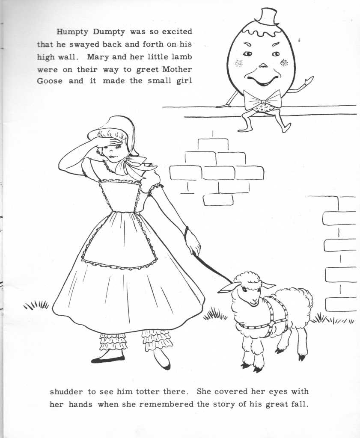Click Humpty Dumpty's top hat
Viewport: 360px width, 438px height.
point(267,17)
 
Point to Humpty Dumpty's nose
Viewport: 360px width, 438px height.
point(263,65)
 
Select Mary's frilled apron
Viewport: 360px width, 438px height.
point(119,240)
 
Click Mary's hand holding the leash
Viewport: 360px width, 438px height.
point(193,243)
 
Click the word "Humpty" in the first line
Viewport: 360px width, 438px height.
point(71,32)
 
